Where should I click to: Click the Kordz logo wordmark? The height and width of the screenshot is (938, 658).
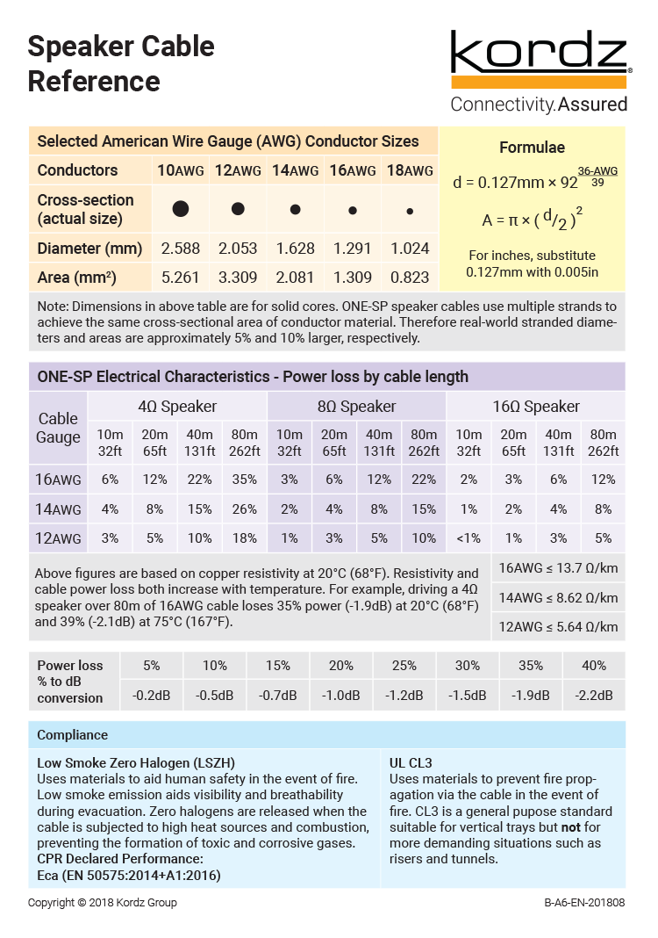540,54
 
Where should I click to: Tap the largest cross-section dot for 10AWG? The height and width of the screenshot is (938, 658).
181,209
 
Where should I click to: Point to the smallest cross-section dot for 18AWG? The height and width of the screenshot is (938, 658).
410,211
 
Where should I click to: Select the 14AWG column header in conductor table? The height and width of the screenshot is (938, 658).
295,170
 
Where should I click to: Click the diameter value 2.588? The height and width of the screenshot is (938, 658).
180,249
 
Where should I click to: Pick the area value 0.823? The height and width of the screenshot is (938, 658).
410,278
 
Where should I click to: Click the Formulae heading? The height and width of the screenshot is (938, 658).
532,148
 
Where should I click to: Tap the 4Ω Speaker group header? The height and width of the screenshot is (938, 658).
177,407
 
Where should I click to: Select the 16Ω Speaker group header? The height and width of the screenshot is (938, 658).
535,407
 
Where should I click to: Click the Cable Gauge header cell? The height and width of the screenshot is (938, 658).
59,428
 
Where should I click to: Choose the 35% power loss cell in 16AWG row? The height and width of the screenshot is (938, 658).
245,480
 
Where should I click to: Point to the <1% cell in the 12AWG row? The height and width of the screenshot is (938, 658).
468,538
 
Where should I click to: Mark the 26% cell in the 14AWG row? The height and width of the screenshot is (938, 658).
245,509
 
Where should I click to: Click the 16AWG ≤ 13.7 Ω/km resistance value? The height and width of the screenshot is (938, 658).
558,568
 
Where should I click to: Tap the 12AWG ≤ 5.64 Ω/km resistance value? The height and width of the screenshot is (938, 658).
558,626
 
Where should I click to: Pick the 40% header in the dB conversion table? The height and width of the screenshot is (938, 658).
594,666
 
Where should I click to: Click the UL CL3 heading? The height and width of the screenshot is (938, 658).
411,762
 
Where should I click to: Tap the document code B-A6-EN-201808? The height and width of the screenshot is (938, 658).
584,902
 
